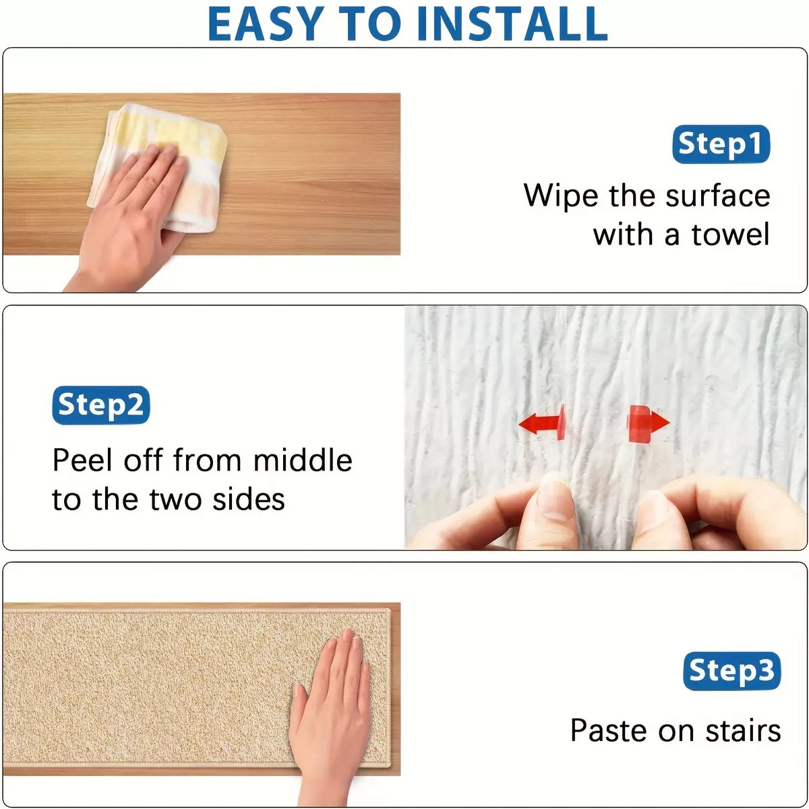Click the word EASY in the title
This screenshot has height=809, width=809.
click(266, 24)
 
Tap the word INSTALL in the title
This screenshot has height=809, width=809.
click(512, 24)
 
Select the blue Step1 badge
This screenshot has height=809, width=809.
click(721, 144)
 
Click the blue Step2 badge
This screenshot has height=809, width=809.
click(100, 404)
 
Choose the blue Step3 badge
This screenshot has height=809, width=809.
click(731, 670)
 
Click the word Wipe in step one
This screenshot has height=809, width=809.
click(560, 196)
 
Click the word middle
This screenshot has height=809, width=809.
click(303, 460)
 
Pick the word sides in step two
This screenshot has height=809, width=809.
click(249, 500)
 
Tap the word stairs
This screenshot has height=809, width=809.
click(743, 731)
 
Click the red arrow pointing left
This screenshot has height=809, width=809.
click(542, 422)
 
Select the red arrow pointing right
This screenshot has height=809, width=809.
click(648, 423)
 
